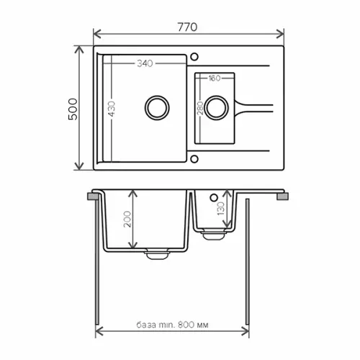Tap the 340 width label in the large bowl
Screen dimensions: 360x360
click(145, 63)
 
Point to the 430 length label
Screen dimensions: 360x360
click(112, 107)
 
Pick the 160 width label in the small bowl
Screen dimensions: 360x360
click(214, 78)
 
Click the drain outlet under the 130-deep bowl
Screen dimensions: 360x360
click(212, 234)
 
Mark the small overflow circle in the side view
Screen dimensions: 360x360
click(214, 196)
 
